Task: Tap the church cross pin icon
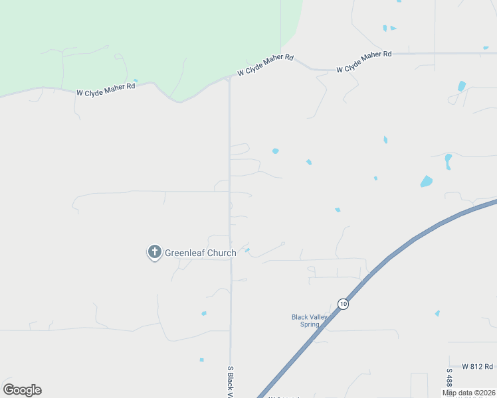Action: coord(154,251)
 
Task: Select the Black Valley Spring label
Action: coord(310,321)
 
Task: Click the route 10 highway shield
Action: coord(343,304)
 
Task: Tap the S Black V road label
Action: coord(231,381)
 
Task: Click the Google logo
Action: coord(22,390)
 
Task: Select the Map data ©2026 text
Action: coord(469,393)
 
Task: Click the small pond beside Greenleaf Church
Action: coord(247,250)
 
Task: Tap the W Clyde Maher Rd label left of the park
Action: coord(106,90)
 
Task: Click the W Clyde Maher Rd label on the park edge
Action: coord(265,66)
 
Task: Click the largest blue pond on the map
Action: coord(426,181)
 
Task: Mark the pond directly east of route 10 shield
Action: coord(437,313)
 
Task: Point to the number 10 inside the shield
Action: coord(343,304)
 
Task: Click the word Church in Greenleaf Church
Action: coord(219,253)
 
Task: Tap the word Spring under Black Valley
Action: coord(310,325)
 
